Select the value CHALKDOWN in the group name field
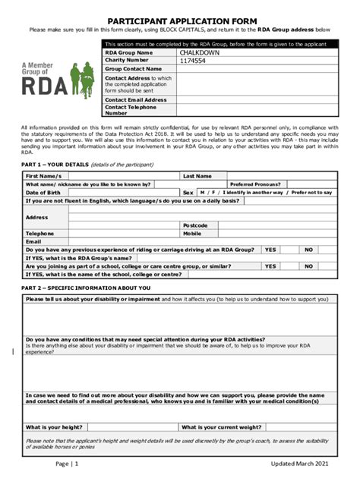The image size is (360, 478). point(200,52)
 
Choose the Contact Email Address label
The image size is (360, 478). point(135,99)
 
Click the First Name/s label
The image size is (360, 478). point(43,176)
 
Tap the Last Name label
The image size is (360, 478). point(197,176)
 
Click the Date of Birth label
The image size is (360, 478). point(43,193)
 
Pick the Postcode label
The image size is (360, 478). point(194,225)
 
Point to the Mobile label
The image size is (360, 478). point(191,234)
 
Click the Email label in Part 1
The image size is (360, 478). point(33,241)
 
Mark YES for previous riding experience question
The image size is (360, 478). point(270,250)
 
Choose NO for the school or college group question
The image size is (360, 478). point(309,266)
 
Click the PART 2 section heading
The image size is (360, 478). point(86,288)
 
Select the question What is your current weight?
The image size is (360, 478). point(222,427)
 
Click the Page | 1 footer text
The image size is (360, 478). point(67,464)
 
